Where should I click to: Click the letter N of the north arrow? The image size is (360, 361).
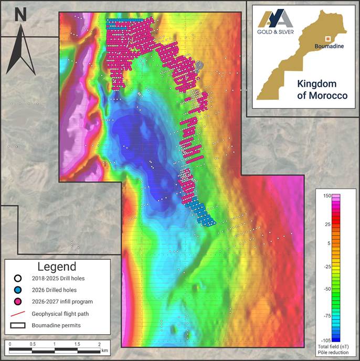(21, 14)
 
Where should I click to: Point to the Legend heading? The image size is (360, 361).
(58, 267)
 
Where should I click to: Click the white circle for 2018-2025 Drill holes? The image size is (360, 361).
(18, 279)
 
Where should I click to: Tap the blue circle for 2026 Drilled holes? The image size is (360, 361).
(18, 290)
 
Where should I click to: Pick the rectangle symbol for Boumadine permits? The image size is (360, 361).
(18, 325)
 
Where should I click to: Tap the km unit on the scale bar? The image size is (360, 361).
(104, 350)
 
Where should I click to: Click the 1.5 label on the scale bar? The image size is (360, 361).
(77, 343)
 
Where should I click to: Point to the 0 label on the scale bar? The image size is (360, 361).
(10, 343)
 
